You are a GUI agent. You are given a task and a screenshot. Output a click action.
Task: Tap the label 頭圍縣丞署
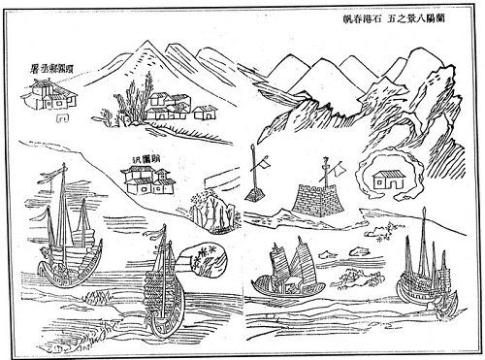pos(54,70)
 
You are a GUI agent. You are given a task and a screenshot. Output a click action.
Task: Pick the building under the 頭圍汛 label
pos(148,180)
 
